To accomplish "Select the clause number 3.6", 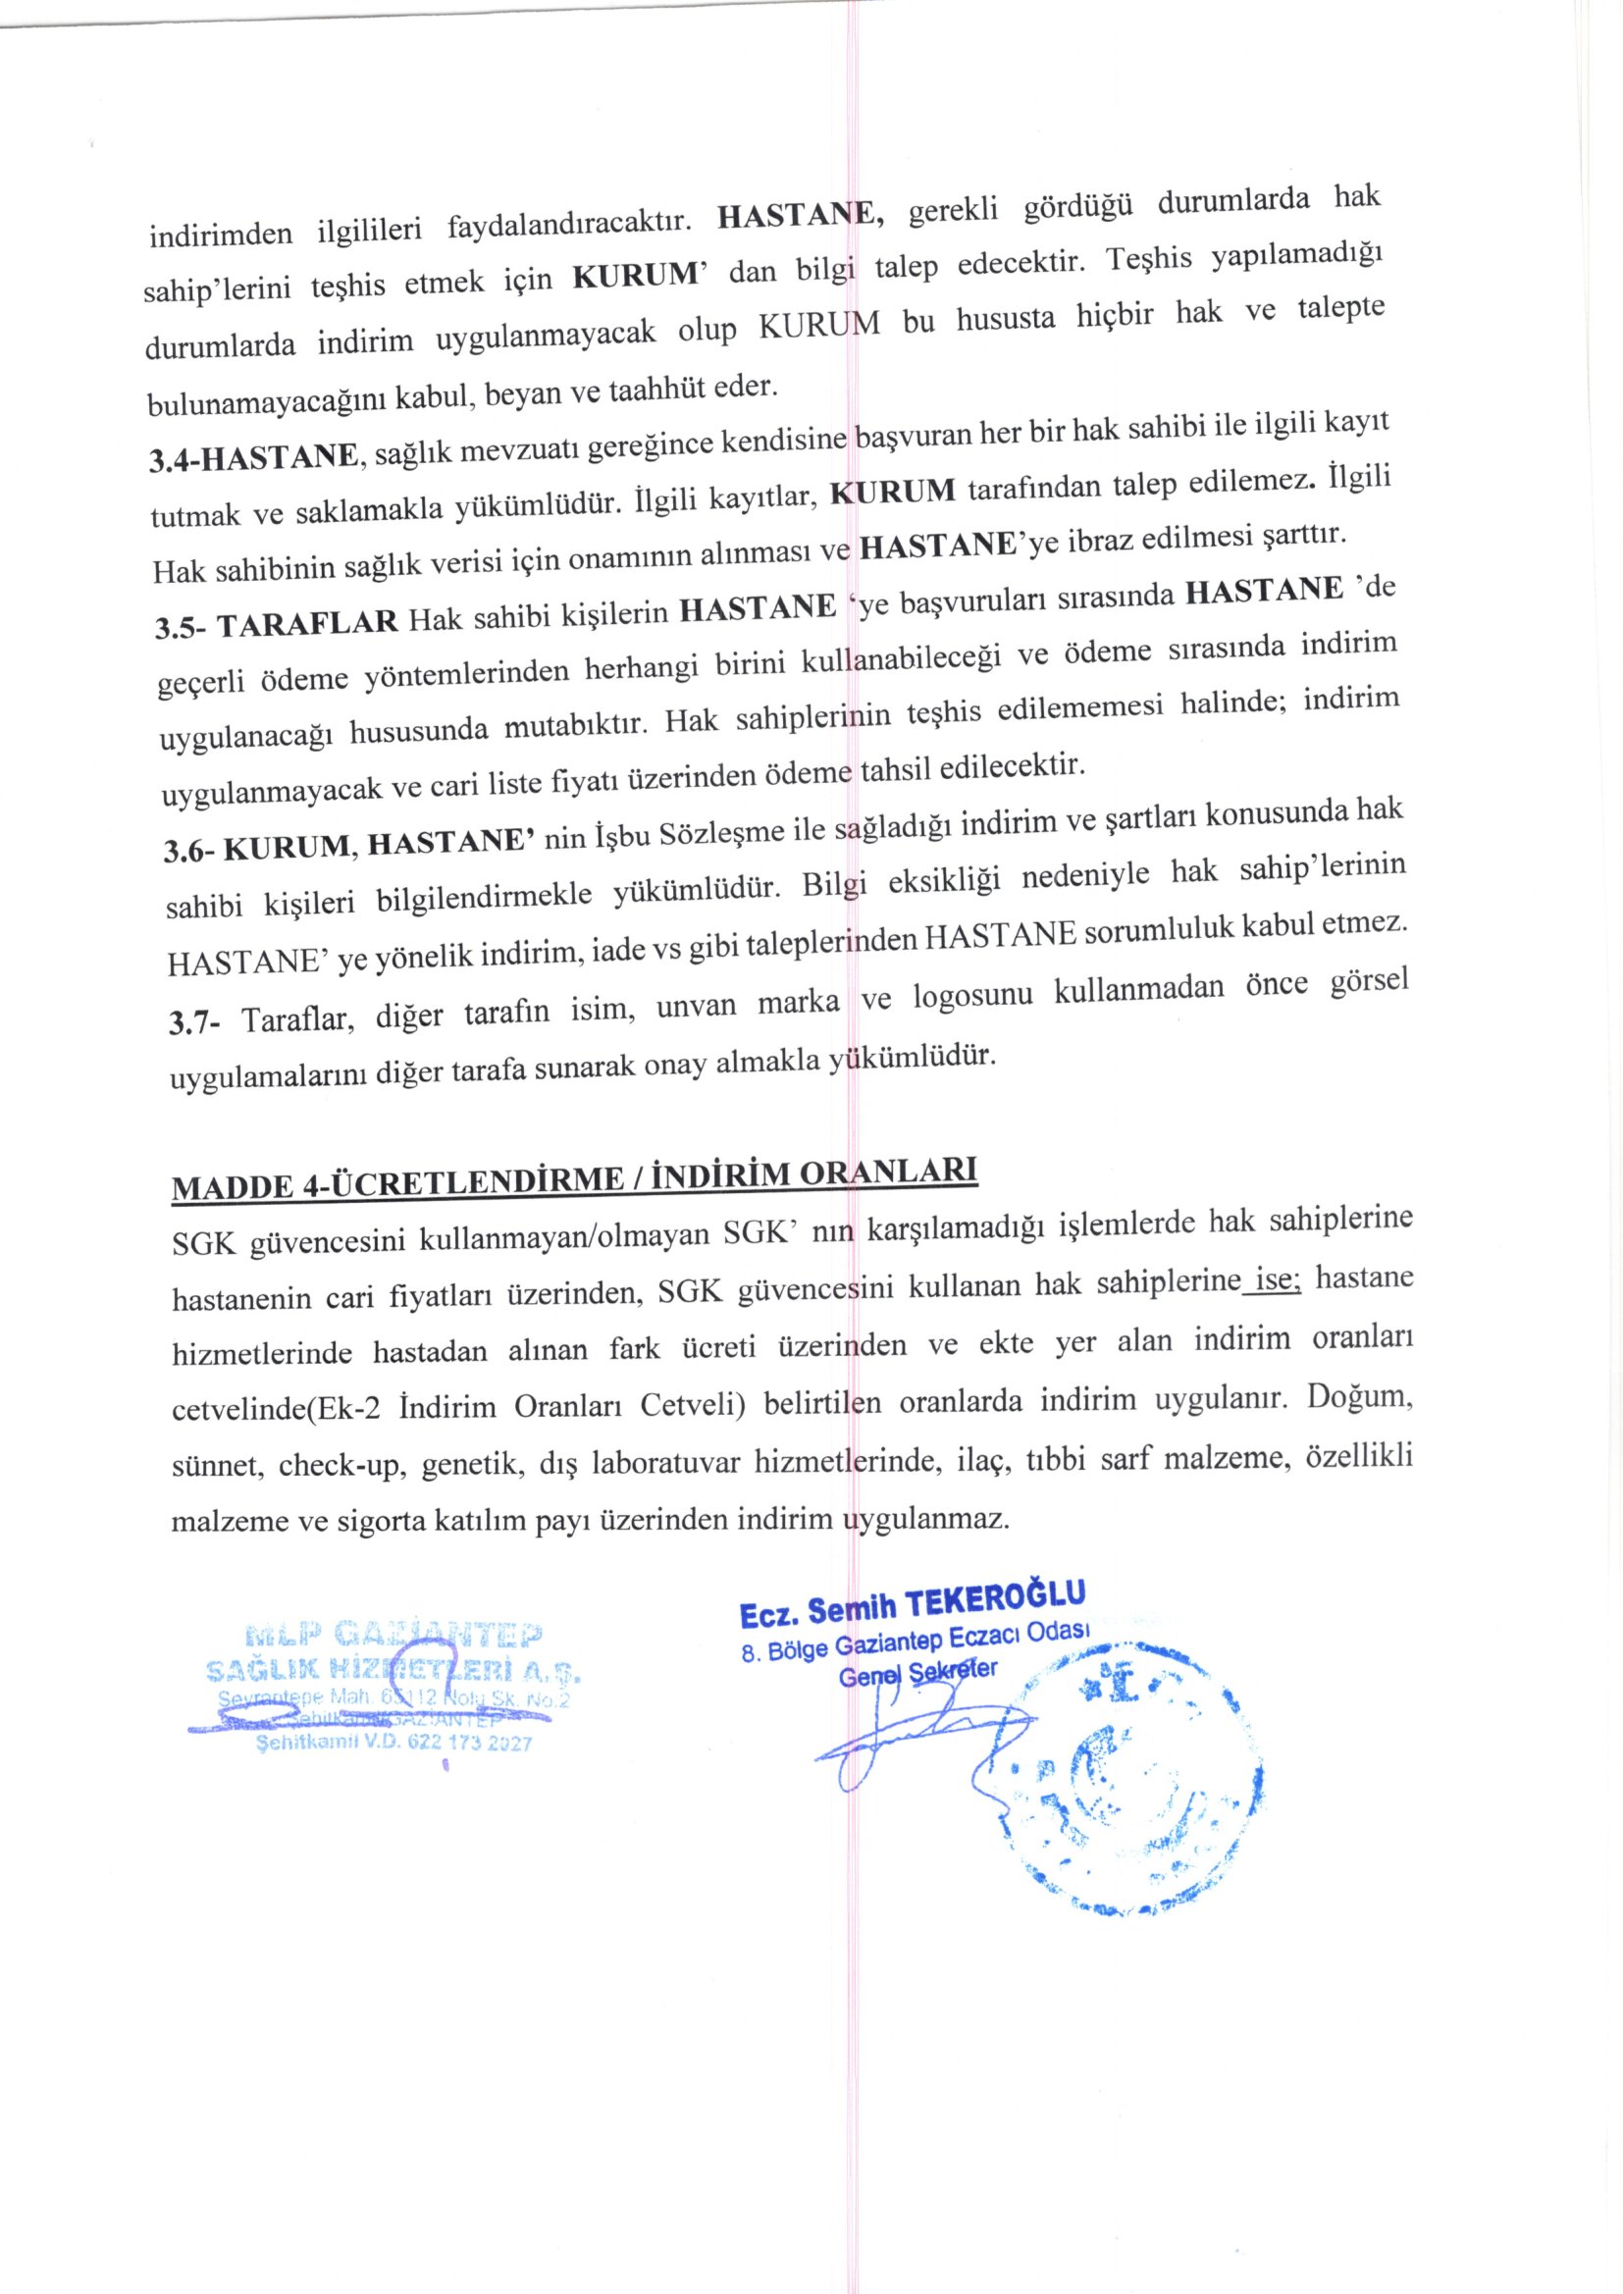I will point(188,852).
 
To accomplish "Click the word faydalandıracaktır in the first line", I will point(571,223).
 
